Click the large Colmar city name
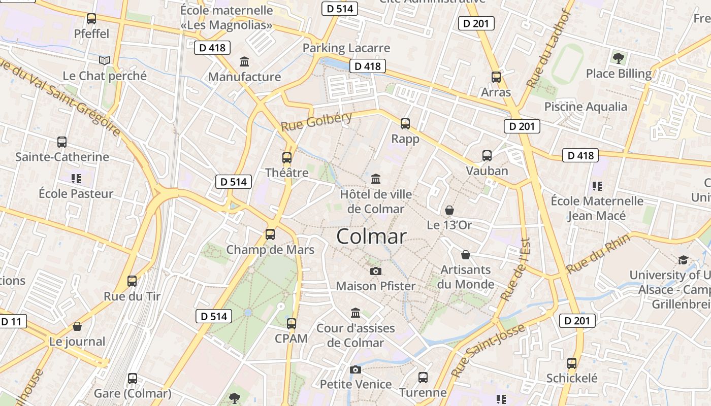click(371, 236)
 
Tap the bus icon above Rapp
click(405, 123)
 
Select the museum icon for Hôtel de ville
click(376, 179)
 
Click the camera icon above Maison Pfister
click(376, 271)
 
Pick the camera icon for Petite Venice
click(355, 369)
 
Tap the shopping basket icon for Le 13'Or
click(449, 210)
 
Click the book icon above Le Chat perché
click(105, 60)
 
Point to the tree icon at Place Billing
click(618, 58)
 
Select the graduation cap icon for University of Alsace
click(683, 260)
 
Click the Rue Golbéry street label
click(316, 122)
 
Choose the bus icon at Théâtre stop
click(287, 157)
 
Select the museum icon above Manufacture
click(244, 61)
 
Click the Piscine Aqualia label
click(586, 107)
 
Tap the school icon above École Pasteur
click(76, 178)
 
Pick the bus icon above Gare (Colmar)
click(133, 378)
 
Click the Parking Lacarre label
click(346, 48)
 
